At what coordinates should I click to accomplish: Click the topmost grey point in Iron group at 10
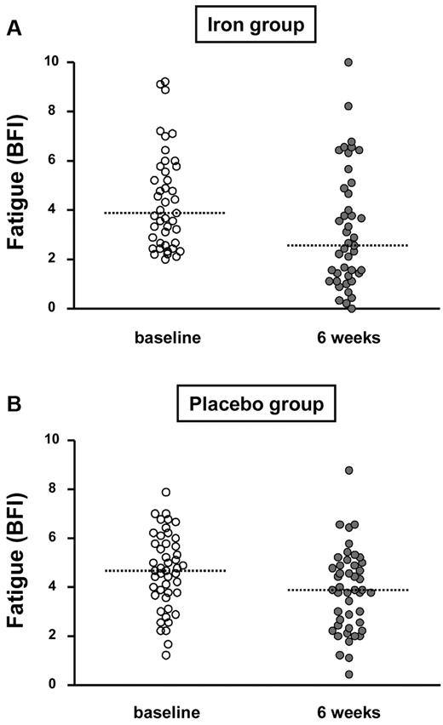pyautogui.click(x=348, y=62)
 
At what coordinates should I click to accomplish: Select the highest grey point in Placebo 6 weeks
pyautogui.click(x=348, y=471)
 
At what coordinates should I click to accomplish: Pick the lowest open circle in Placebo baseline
pyautogui.click(x=166, y=655)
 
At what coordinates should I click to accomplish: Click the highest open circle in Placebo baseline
pyautogui.click(x=166, y=493)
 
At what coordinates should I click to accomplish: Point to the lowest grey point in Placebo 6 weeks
pyautogui.click(x=348, y=675)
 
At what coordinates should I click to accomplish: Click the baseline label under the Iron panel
pyautogui.click(x=167, y=338)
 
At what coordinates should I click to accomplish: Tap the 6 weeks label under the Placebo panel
pyautogui.click(x=348, y=711)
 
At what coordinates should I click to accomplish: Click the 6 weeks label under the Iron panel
pyautogui.click(x=348, y=338)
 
